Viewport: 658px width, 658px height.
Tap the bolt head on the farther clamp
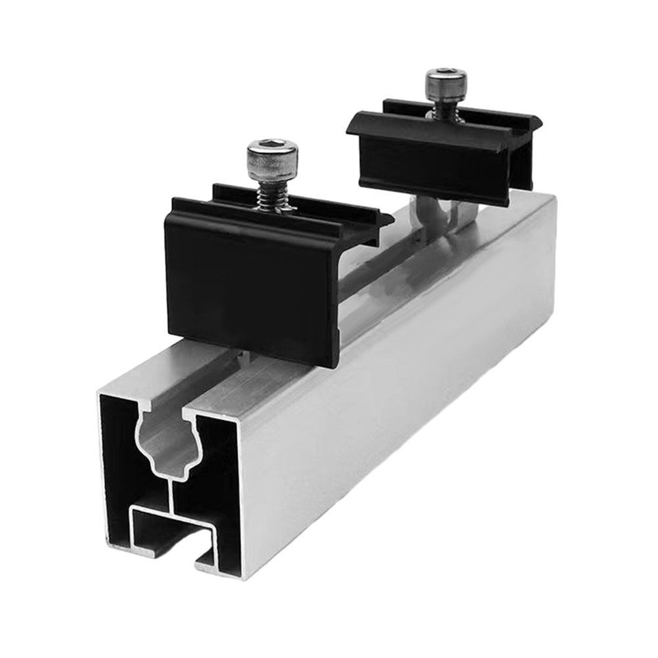tap(446, 86)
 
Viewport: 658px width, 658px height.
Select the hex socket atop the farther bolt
tap(446, 73)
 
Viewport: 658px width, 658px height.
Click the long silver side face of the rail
tap(411, 384)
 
